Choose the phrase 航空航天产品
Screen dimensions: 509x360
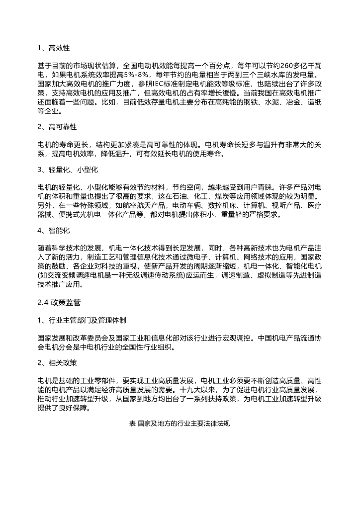point(141,205)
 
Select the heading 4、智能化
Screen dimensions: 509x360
point(53,231)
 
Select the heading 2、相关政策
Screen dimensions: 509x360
point(57,362)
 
